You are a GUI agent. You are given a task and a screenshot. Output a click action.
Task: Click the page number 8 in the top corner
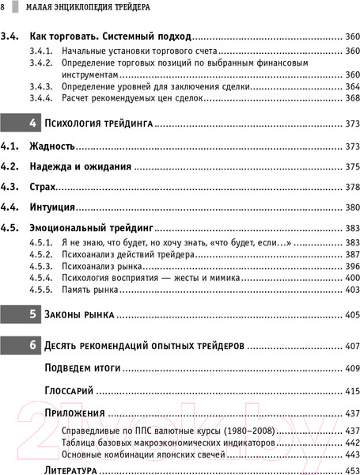coord(4,6)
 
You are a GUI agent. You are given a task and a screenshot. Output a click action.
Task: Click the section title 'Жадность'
coord(53,146)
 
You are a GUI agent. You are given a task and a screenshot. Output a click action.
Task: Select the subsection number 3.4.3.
coord(41,86)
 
